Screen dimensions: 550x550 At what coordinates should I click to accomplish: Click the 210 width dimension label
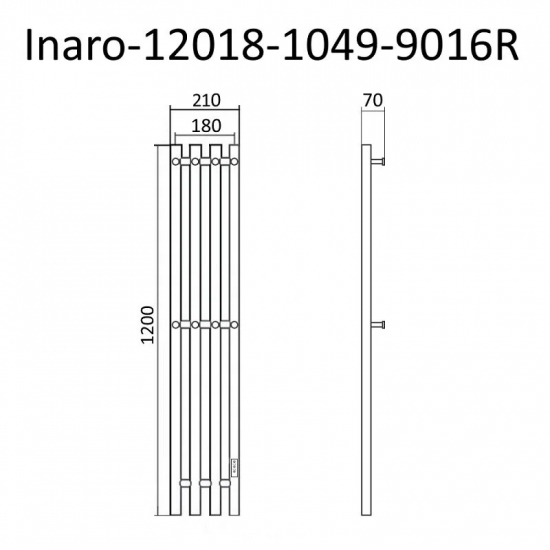click(x=205, y=101)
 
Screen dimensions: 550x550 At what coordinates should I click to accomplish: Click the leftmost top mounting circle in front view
click(x=176, y=160)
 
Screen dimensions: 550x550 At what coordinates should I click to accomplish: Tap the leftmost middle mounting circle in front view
click(x=176, y=323)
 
